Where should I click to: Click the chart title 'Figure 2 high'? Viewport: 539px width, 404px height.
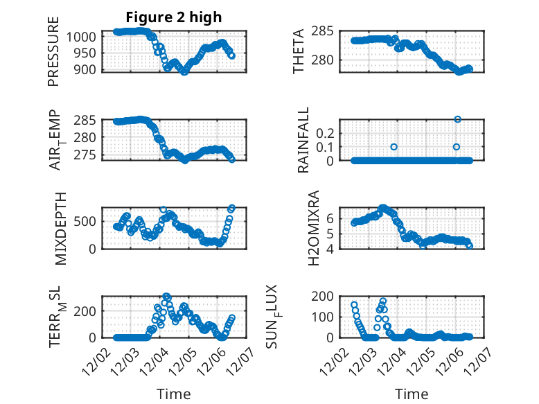point(174,17)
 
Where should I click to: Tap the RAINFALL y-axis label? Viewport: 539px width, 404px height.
point(303,139)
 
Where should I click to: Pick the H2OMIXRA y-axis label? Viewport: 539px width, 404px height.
point(314,227)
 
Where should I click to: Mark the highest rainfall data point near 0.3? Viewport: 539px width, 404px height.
point(457,119)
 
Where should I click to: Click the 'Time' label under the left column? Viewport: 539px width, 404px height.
point(174,394)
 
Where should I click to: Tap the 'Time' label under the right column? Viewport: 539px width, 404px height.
point(412,394)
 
